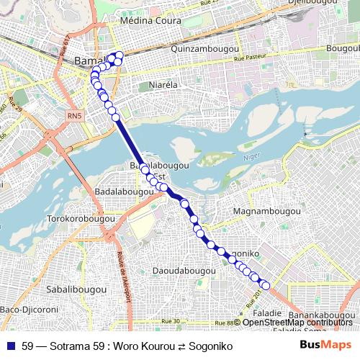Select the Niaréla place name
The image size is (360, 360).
click(162, 85)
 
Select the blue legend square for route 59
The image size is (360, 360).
click(12, 346)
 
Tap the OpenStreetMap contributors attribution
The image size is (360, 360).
click(297, 322)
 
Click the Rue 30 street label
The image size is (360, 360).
click(171, 320)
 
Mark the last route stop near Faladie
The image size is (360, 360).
click(265, 286)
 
